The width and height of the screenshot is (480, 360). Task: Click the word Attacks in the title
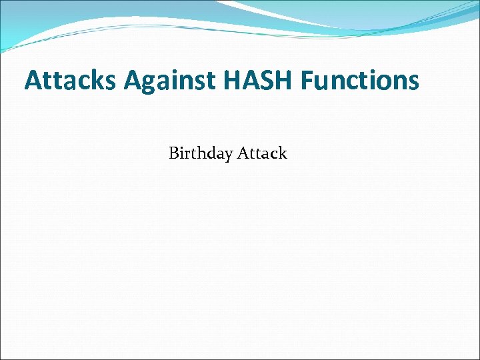click(70, 81)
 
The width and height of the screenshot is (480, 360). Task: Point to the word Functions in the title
click(360, 81)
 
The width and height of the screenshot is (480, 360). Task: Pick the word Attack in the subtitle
click(262, 153)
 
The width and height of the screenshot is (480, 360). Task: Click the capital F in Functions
click(307, 81)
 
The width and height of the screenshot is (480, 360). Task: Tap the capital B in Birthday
click(174, 153)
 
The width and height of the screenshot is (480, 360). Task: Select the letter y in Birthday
click(228, 156)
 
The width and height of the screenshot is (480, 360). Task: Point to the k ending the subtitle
click(283, 153)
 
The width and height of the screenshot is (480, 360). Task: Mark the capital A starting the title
click(33, 81)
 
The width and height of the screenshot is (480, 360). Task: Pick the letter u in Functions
click(323, 83)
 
